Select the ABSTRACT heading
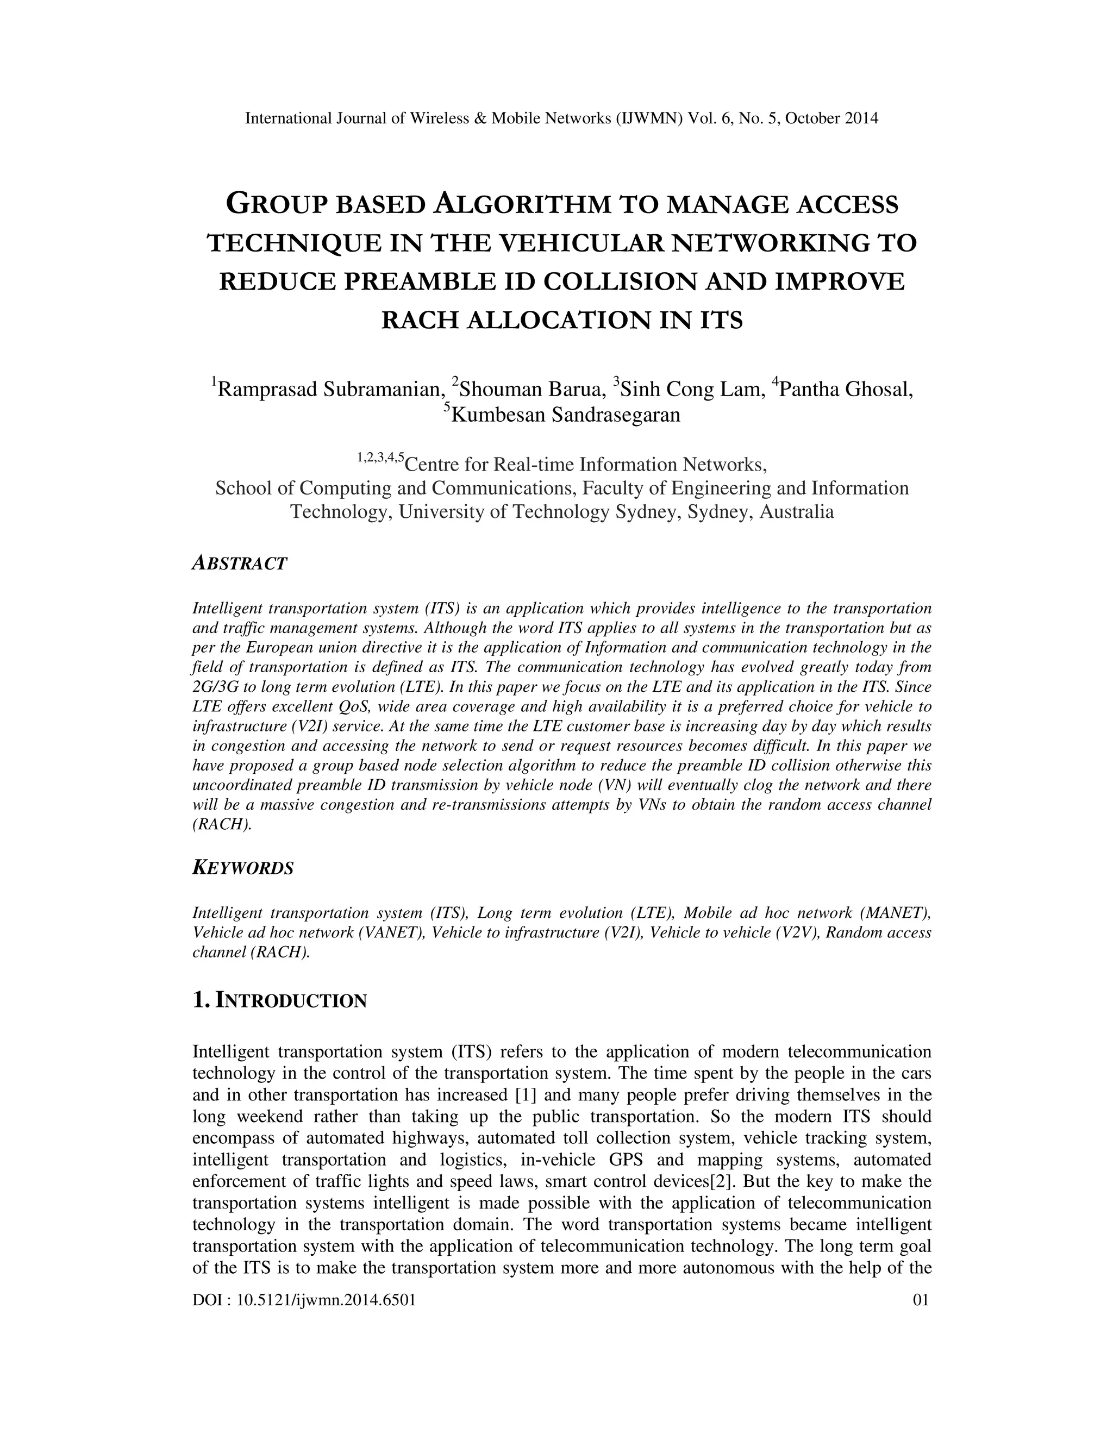tap(239, 564)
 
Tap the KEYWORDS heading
tap(242, 868)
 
